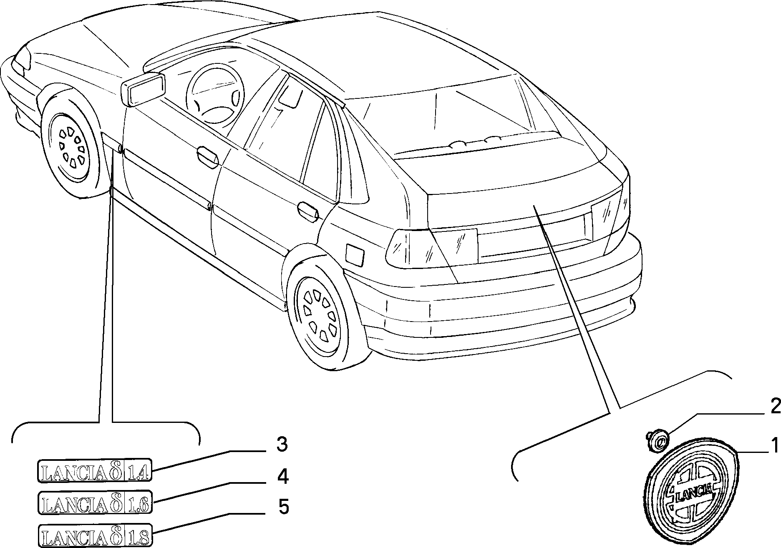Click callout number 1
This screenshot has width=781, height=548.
click(x=774, y=445)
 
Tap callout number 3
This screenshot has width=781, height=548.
click(x=282, y=445)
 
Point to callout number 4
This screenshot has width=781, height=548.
click(x=282, y=477)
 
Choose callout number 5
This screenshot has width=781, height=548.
click(x=283, y=507)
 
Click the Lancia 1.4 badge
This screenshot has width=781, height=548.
click(x=95, y=471)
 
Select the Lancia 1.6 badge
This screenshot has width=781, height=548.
click(x=95, y=502)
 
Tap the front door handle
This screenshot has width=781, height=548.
click(x=207, y=156)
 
